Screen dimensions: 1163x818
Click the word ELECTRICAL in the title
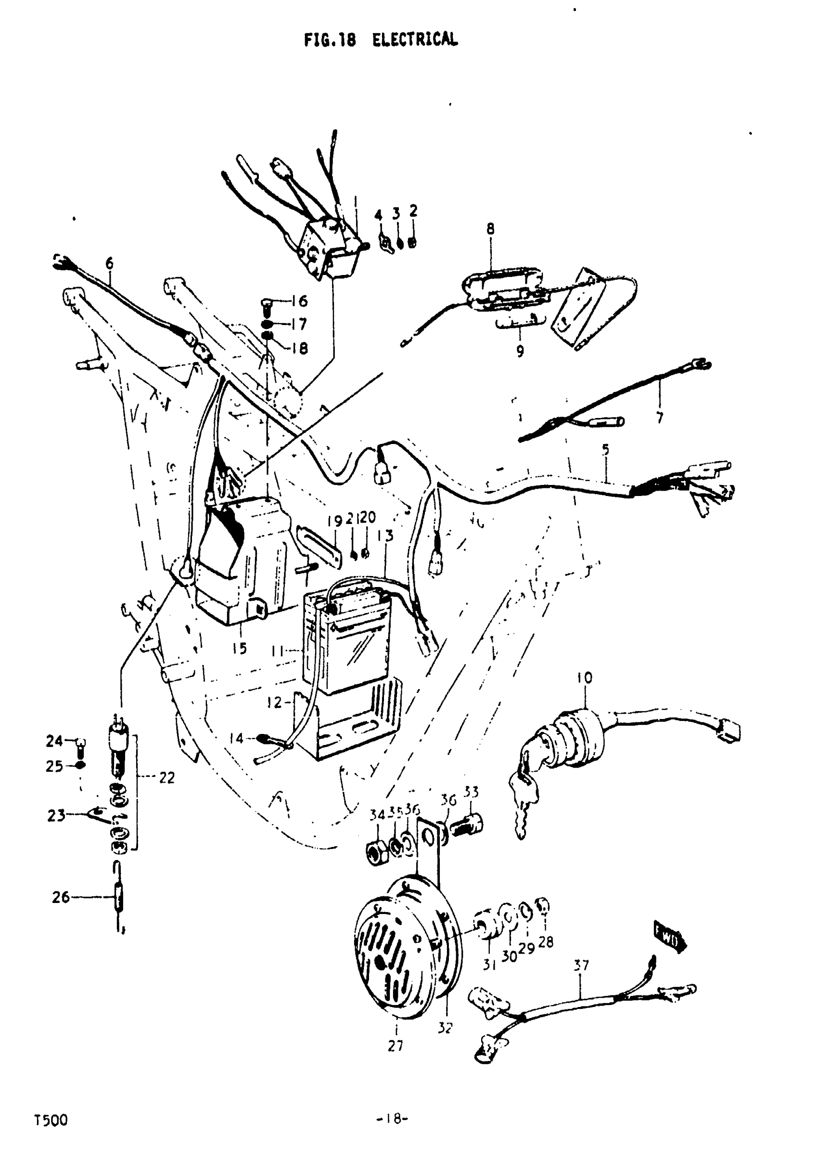pos(415,39)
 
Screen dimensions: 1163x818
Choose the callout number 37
pos(581,966)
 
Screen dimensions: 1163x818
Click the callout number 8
pos(490,229)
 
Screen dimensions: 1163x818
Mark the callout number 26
pos(60,898)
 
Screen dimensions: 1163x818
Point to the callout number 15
pos(240,648)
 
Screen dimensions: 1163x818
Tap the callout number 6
pos(109,263)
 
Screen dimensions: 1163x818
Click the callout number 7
pos(660,418)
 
